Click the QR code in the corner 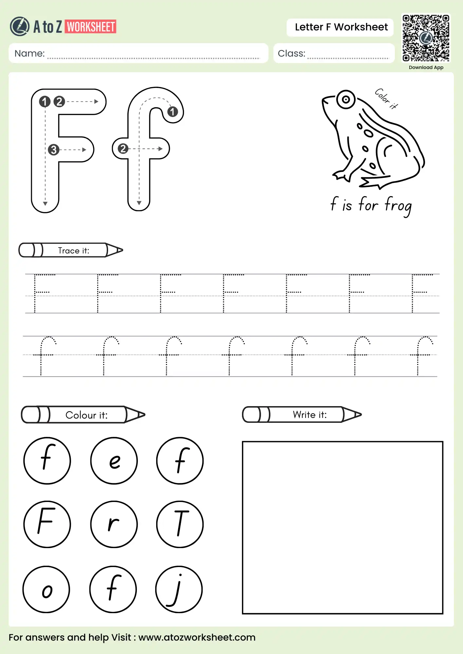[x=426, y=38]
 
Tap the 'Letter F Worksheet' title [x=341, y=27]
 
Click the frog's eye [x=345, y=99]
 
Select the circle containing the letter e [x=114, y=460]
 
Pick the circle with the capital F [x=47, y=524]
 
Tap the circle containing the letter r [x=114, y=524]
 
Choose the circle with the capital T [x=180, y=524]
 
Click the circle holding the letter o [x=46, y=589]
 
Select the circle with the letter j [x=179, y=589]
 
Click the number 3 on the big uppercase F [x=53, y=150]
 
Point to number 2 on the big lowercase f [x=123, y=149]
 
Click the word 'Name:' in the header [x=29, y=54]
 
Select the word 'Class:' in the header [x=291, y=54]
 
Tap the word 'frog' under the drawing [x=398, y=206]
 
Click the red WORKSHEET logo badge [x=91, y=27]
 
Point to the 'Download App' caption [x=426, y=67]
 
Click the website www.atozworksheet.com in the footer [x=197, y=637]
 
